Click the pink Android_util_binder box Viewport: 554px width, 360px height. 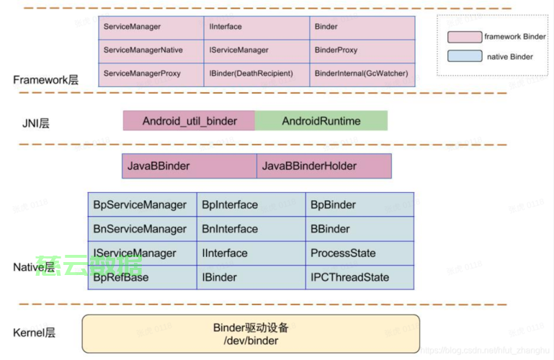(189, 121)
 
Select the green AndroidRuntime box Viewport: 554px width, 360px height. (321, 121)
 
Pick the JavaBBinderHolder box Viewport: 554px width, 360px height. (323, 166)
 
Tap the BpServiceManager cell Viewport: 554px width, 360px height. (142, 205)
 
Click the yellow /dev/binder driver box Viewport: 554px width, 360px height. (250, 334)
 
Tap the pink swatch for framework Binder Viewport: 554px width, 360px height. (464, 37)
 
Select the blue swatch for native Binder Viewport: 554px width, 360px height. (464, 56)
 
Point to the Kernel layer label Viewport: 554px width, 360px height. (34, 333)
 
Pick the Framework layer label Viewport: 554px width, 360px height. (45, 79)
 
